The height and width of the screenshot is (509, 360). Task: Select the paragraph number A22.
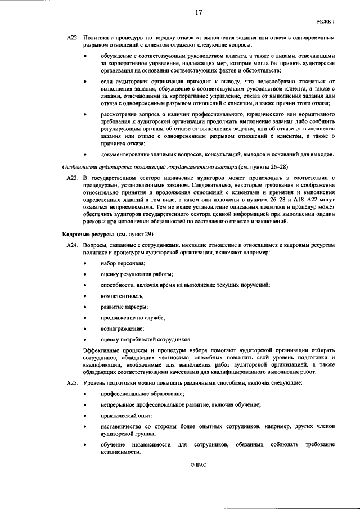[x=73, y=37]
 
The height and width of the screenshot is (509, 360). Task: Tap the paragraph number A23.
[x=73, y=177]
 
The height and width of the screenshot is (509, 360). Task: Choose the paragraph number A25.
[x=73, y=382]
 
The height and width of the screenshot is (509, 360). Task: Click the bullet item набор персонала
[x=123, y=263]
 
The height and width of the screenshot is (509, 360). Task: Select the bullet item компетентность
[x=122, y=296]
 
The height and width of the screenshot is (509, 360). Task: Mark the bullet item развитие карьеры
[x=124, y=307]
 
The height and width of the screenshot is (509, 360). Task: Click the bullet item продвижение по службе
[x=133, y=318]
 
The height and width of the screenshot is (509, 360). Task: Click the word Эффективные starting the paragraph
[x=100, y=350]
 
